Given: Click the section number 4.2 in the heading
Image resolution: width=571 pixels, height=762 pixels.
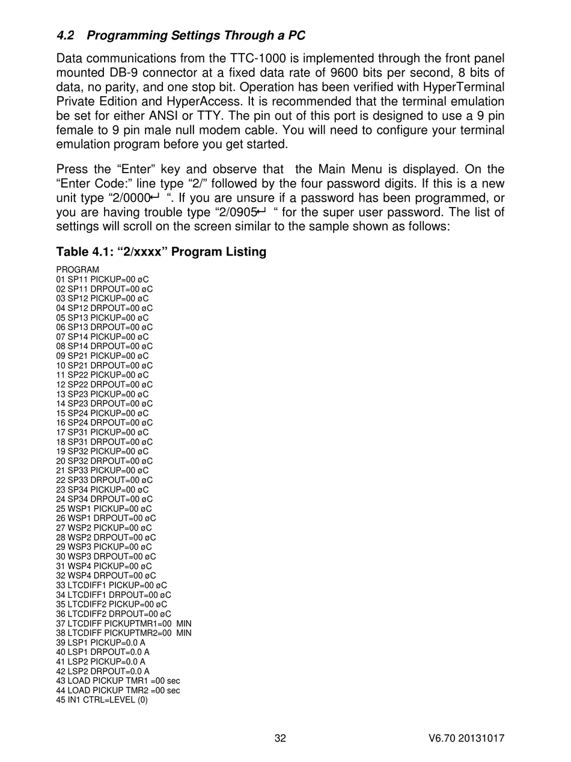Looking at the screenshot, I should click(65, 35).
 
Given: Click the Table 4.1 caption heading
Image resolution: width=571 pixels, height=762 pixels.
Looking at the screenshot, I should click(161, 251).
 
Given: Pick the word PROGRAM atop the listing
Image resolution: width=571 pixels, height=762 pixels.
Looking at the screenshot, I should click(78, 269).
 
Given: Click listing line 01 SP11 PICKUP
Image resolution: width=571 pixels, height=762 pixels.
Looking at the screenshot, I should click(102, 279).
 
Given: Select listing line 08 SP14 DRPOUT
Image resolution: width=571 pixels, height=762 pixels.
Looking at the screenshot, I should click(104, 346).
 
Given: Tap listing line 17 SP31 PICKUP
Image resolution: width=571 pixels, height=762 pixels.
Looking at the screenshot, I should click(102, 432).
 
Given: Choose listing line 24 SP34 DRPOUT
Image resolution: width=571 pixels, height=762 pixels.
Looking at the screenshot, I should click(104, 499).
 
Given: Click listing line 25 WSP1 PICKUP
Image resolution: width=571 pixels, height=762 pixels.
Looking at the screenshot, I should click(104, 508).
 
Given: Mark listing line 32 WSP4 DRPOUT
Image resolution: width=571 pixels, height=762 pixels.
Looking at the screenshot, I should click(106, 575).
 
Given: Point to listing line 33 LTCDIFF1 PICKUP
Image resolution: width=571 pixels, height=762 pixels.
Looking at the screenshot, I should click(111, 585).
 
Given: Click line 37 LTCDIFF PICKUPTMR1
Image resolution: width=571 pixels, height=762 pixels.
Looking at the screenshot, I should click(123, 623).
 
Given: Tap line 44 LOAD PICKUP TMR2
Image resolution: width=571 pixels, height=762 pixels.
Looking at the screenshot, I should click(118, 690).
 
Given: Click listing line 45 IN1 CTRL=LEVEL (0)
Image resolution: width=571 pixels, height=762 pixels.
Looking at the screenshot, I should click(102, 699).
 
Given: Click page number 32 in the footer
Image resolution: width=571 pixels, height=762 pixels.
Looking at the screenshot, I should click(280, 739).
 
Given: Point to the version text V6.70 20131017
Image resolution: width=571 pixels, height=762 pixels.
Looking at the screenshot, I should click(466, 739).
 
